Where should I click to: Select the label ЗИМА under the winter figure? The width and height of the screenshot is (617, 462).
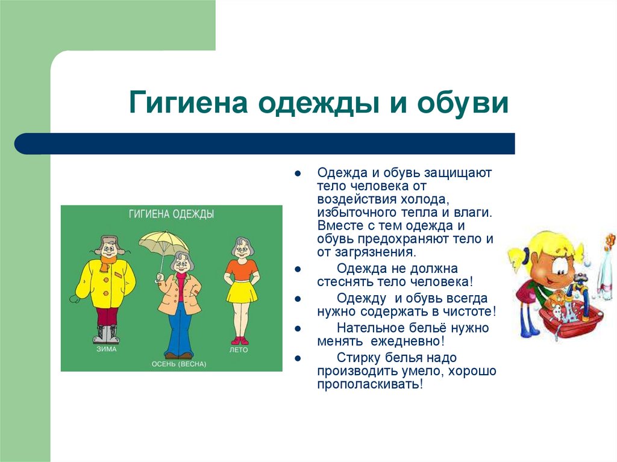(x=106, y=348)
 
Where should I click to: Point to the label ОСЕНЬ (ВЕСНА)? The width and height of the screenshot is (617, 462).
(x=178, y=364)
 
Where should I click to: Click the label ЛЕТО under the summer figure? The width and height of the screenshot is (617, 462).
(x=239, y=349)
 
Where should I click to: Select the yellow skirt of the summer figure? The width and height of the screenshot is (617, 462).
(x=242, y=292)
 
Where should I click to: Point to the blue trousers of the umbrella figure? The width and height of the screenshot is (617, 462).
(x=179, y=331)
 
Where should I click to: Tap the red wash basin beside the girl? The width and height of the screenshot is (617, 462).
(x=569, y=319)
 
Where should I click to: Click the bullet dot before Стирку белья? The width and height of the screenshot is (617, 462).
(x=298, y=358)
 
